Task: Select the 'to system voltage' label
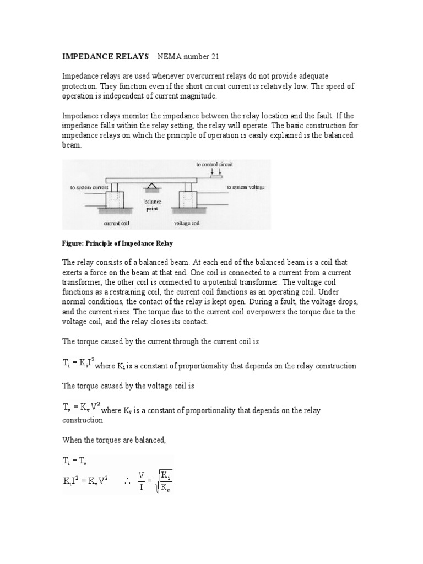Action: point(246,187)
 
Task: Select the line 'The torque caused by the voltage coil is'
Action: point(128,386)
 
